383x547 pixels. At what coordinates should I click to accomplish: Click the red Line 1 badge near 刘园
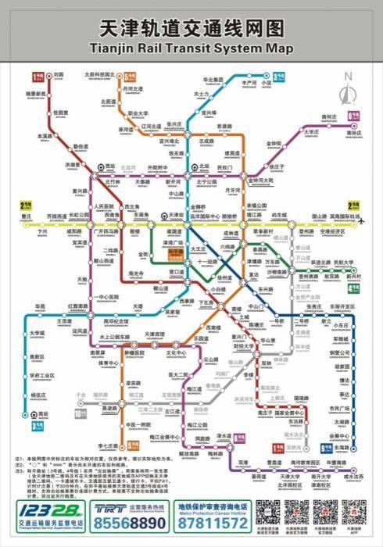35,77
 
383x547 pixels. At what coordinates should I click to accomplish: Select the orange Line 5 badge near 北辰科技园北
128,77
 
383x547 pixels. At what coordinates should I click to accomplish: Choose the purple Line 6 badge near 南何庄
353,125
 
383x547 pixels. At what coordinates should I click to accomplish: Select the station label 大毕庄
313,132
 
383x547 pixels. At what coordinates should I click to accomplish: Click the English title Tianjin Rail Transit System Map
191,48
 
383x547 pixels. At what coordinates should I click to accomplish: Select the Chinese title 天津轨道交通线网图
191,28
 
